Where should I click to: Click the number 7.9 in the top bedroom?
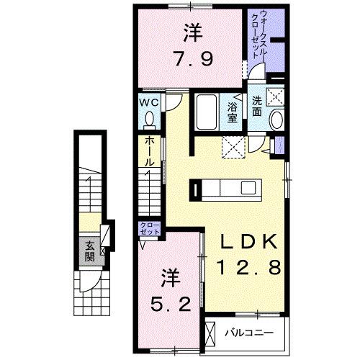coord(191,58)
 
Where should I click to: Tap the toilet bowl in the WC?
coord(150,118)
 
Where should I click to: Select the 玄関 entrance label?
coord(89,249)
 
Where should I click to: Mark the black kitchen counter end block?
coord(195,189)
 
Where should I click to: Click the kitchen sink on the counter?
coord(248,189)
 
